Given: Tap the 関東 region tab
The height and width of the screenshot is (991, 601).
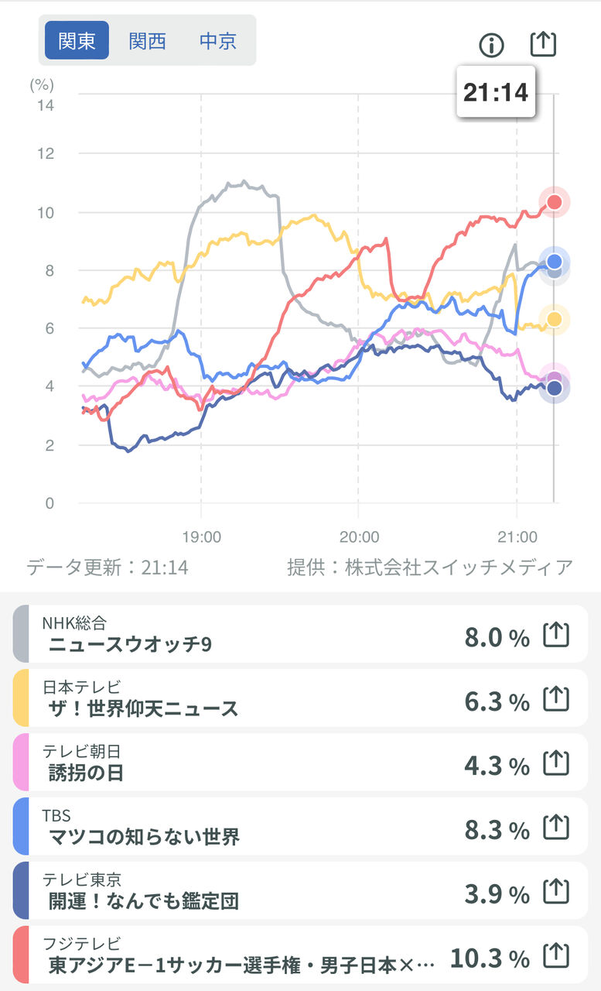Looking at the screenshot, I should pos(77,40).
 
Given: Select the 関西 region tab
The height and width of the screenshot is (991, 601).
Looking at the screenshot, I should pos(147,40).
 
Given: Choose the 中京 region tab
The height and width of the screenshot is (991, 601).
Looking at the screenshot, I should pos(217,40).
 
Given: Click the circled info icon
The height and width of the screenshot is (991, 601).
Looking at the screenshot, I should pos(491,45).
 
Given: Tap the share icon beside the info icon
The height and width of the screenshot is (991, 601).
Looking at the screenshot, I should pos(543,44).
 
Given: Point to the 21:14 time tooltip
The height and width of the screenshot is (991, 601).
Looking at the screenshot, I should pos(495,92).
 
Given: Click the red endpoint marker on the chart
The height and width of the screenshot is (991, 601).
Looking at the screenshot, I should pos(554,203).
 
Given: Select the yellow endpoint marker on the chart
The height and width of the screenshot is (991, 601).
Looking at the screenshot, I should pos(554,319).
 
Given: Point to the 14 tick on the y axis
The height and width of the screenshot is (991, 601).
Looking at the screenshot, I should pos(46,105).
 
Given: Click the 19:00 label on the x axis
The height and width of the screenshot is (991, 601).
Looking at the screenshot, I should pos(200,537).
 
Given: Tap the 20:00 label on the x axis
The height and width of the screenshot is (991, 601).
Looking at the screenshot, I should pos(359,537).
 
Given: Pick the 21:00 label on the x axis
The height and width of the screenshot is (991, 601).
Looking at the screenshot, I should pos(517,537).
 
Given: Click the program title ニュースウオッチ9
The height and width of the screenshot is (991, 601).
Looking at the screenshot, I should pos(129,644).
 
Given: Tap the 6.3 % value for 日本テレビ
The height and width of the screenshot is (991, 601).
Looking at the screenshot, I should pos(497,701).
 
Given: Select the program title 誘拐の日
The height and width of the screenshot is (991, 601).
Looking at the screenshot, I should pos(86,772).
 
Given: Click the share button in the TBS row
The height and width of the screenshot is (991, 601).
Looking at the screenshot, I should pos(555,828).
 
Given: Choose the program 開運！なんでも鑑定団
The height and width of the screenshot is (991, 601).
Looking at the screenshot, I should pos(143,900).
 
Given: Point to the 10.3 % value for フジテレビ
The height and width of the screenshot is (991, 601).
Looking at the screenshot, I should pos(490,958).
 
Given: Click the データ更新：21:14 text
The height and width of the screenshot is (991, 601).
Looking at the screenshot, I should pos(108,568).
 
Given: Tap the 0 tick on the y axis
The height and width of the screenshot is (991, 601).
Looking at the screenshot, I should pos(50,503).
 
